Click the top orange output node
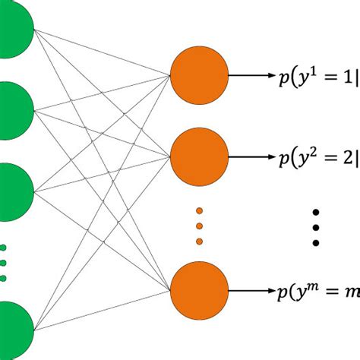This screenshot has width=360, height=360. (x=199, y=75)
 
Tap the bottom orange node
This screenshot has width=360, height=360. (x=199, y=290)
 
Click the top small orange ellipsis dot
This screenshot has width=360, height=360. (x=199, y=210)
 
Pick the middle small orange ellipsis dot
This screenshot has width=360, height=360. (x=199, y=226)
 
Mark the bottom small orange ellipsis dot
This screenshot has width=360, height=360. (x=199, y=242)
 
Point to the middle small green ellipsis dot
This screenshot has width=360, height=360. (x=3, y=264)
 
